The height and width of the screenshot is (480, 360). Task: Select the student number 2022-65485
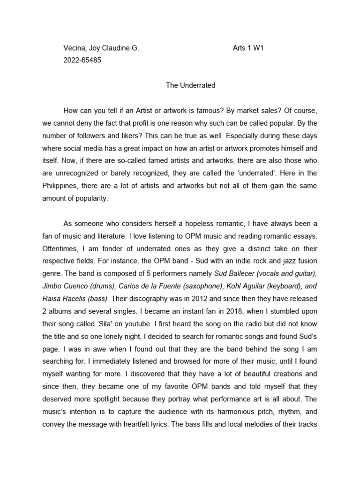click(x=82, y=60)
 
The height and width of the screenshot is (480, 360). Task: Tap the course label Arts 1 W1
click(x=248, y=48)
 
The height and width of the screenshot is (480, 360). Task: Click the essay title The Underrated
click(x=190, y=85)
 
